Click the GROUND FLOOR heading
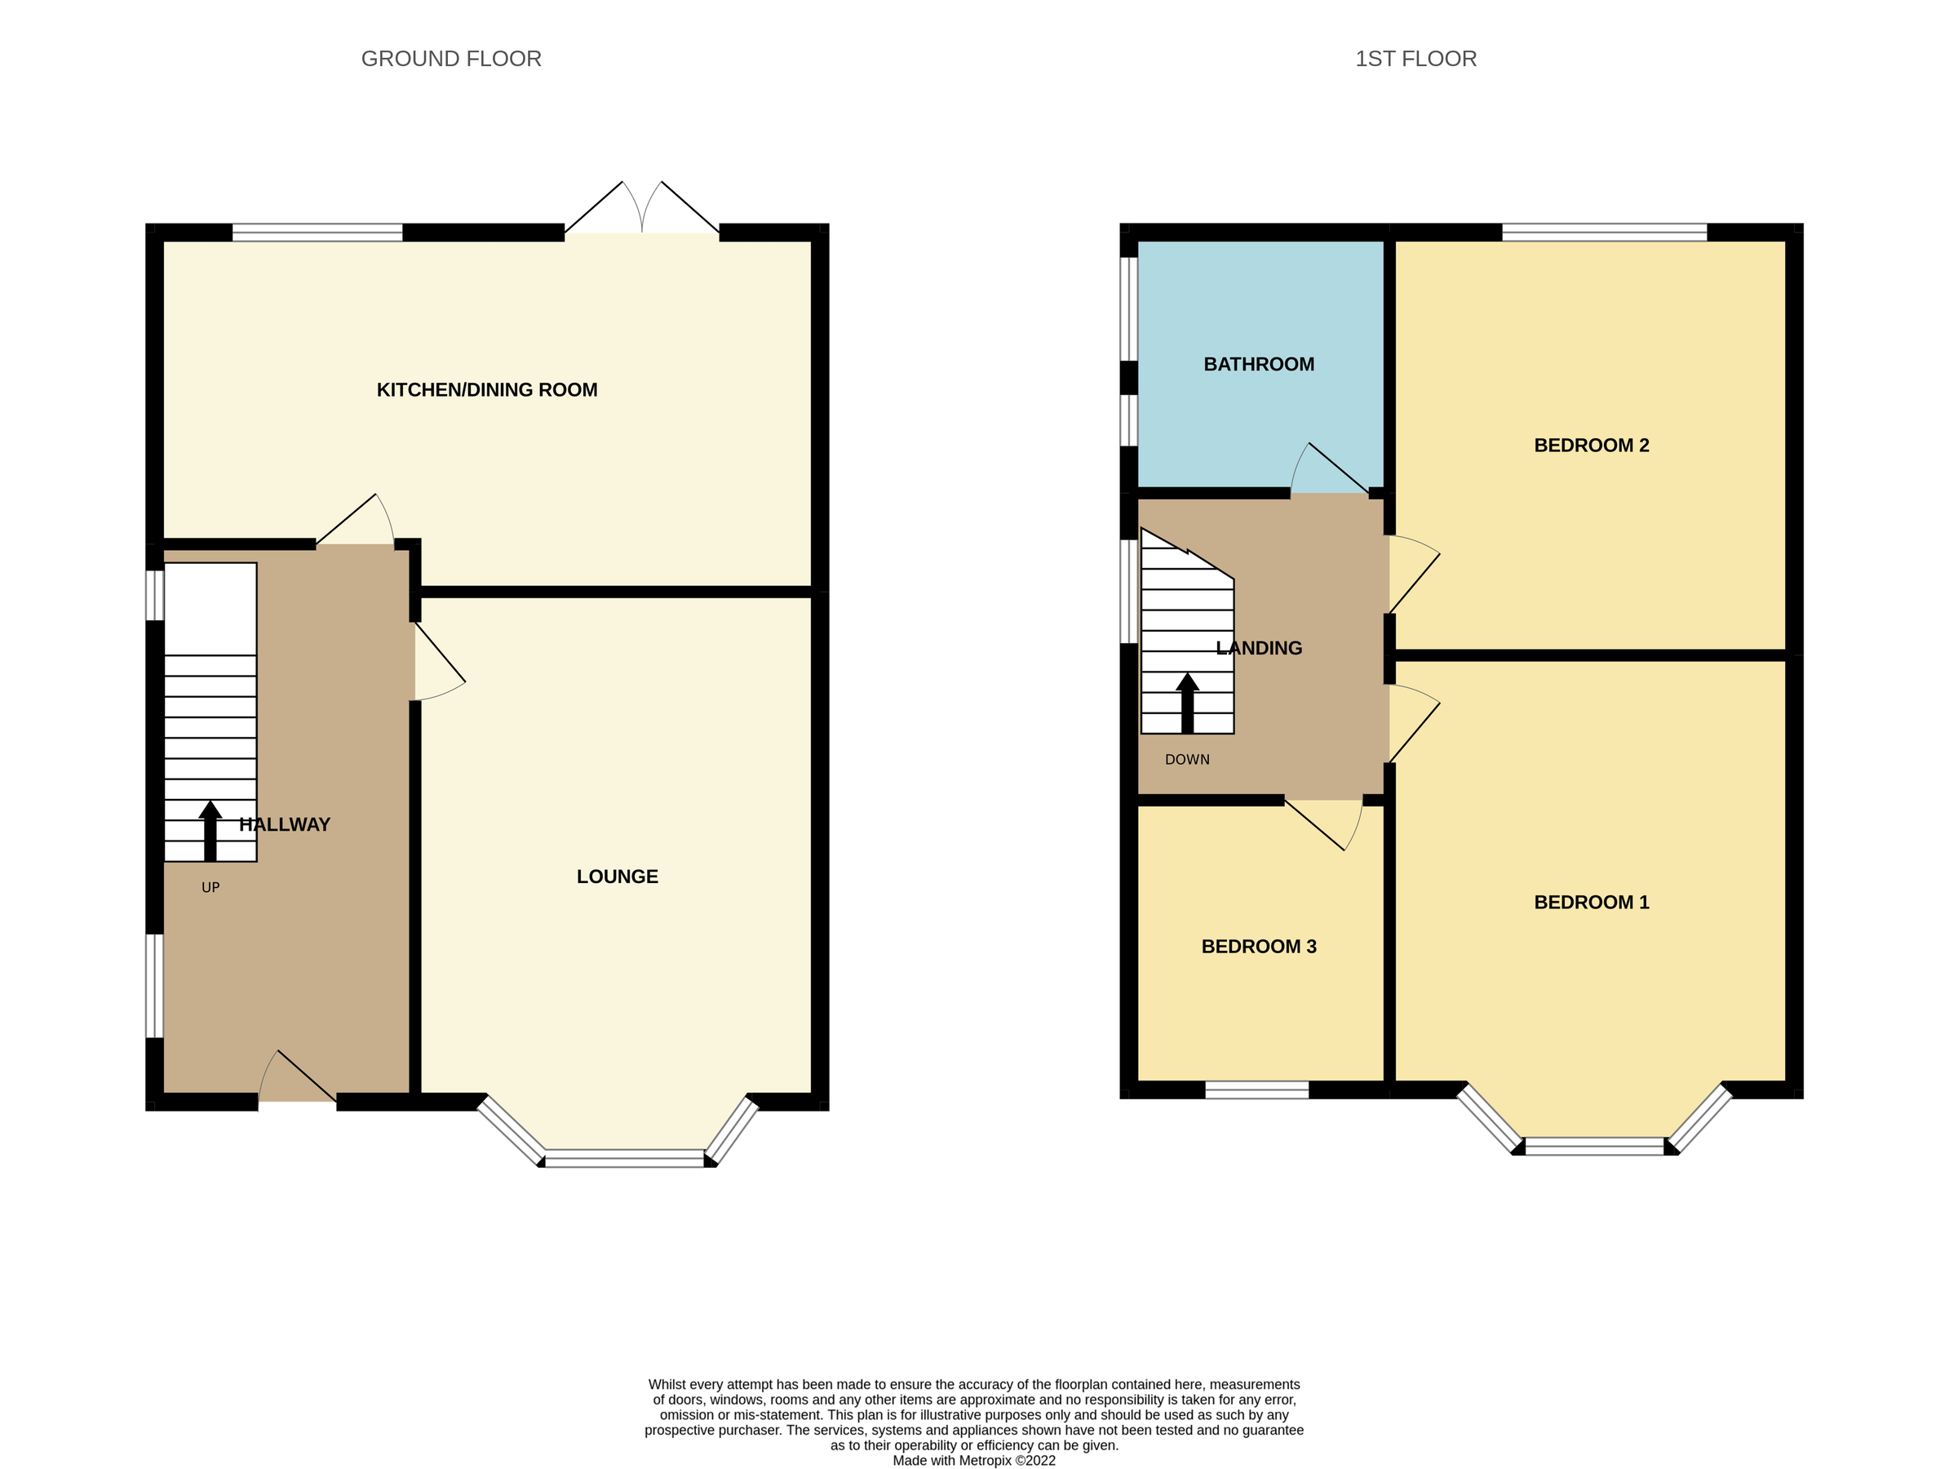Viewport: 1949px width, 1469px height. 451,59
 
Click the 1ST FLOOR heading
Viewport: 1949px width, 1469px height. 1415,59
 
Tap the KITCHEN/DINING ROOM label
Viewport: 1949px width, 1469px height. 486,389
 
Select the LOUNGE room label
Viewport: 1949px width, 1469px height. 617,876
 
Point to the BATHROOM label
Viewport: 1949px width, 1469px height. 1258,364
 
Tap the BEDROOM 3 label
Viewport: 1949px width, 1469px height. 1258,947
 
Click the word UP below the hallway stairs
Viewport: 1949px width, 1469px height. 210,887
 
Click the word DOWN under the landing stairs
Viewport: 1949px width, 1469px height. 1187,760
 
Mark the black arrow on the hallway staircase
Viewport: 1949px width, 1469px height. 210,830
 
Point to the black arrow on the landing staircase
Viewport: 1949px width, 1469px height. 1187,703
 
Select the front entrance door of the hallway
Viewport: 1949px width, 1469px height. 297,1080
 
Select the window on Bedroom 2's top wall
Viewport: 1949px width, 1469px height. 1604,233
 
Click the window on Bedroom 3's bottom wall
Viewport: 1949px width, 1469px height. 1256,1090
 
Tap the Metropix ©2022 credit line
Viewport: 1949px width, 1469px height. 972,1461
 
